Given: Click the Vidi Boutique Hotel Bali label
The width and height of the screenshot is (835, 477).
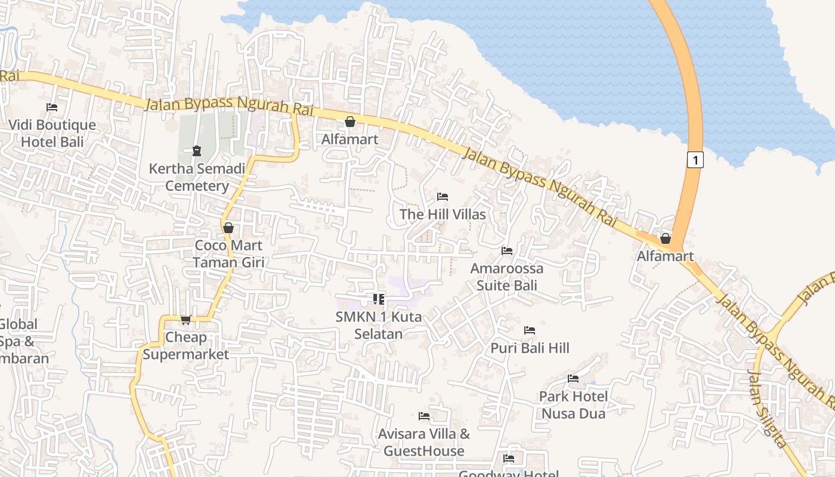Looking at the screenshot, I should pyautogui.click(x=52, y=134).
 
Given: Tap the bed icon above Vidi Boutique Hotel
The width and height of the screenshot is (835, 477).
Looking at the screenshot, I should pyautogui.click(x=52, y=107).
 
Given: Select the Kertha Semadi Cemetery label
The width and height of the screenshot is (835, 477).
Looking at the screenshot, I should pyautogui.click(x=197, y=177).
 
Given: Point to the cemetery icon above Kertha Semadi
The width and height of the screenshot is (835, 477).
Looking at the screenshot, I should pyautogui.click(x=197, y=150).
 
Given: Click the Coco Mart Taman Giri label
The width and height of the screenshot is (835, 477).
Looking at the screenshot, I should pyautogui.click(x=228, y=253).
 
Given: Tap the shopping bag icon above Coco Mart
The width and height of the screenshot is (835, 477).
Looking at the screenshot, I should pyautogui.click(x=228, y=228).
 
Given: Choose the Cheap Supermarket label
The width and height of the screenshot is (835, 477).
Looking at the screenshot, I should pyautogui.click(x=185, y=346).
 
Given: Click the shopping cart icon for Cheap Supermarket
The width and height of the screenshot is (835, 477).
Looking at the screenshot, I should pyautogui.click(x=185, y=320).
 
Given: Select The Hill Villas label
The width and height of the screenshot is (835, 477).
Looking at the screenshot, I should pyautogui.click(x=443, y=214).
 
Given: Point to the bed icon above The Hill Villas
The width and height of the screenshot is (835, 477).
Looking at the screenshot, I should pyautogui.click(x=443, y=197).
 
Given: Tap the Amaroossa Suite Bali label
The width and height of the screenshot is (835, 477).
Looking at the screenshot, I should pyautogui.click(x=507, y=277).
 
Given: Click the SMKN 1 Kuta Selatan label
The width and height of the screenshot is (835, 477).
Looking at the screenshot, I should pyautogui.click(x=379, y=325).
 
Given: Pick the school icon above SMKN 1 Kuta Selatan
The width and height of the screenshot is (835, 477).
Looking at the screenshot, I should pyautogui.click(x=379, y=299).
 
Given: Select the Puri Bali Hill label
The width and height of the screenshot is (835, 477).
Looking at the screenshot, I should pyautogui.click(x=530, y=348).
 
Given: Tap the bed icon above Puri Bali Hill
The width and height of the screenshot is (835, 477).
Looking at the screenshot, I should pyautogui.click(x=529, y=330).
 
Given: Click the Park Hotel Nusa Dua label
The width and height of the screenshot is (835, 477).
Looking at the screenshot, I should pyautogui.click(x=573, y=405).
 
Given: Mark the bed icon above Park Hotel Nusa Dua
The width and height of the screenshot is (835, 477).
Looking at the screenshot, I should pyautogui.click(x=573, y=379).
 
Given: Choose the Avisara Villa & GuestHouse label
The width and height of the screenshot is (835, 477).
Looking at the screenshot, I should pyautogui.click(x=424, y=442).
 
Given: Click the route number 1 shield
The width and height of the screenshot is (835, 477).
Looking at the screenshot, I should pyautogui.click(x=695, y=160).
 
